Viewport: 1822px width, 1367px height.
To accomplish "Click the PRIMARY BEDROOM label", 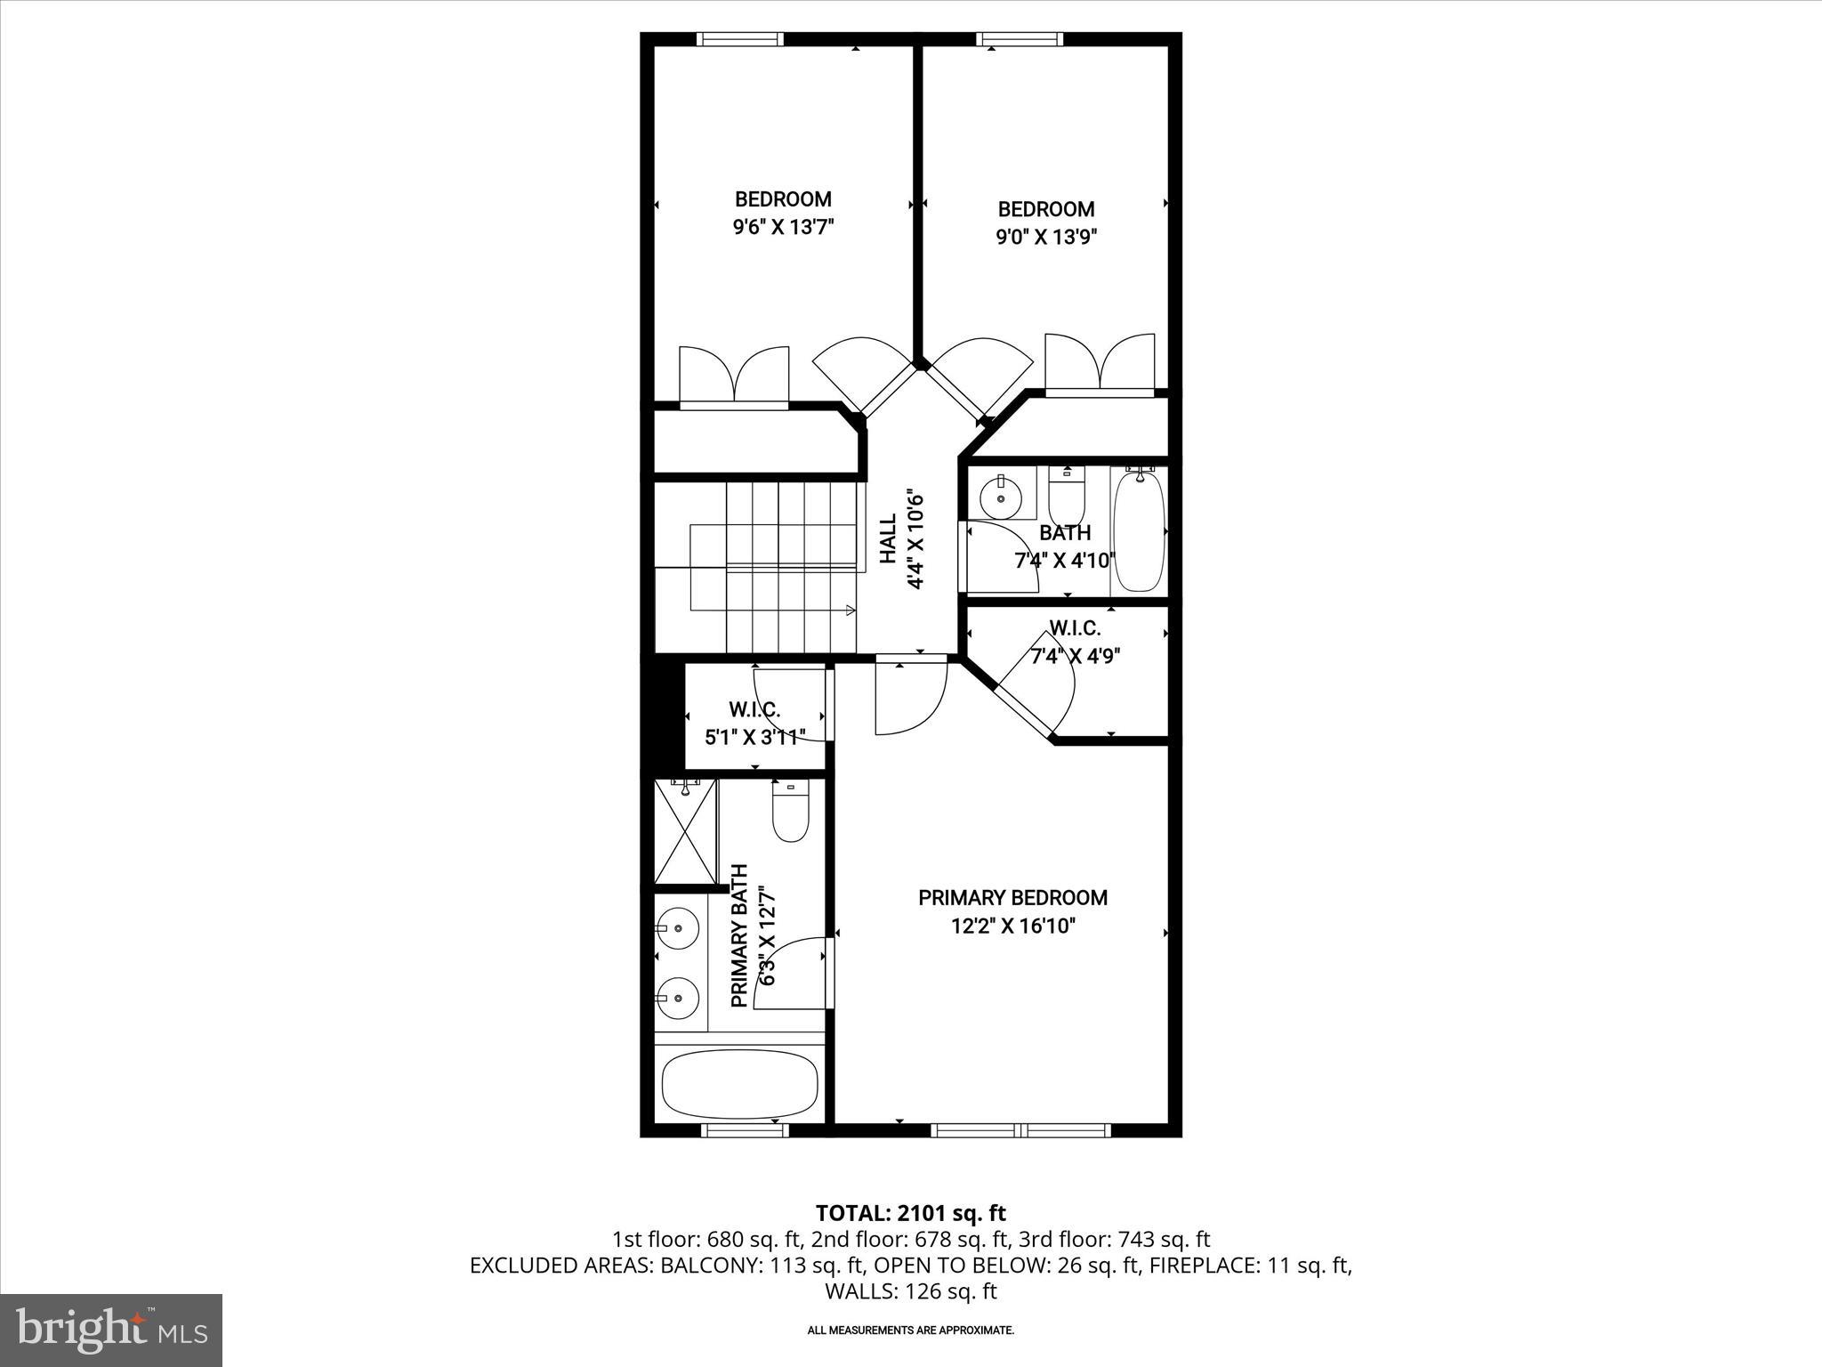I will point(1012,897).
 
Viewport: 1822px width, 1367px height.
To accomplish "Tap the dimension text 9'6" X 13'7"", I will point(783,227).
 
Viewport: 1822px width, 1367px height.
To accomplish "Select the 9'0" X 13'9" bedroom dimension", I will point(1046,237).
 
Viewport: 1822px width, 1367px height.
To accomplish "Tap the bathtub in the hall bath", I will point(1139,532).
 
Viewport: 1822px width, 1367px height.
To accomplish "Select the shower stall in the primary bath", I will point(685,829).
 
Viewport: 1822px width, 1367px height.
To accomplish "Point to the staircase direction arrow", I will point(851,611).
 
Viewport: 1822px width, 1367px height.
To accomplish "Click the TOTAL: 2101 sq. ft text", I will point(910,1213).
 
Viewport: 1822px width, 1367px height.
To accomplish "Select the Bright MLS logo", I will point(111,1330).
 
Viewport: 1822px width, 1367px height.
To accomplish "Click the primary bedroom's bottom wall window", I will point(1020,1130).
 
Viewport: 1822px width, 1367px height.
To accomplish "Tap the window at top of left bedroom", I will point(739,39).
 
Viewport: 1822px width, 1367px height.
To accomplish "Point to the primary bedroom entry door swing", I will point(909,699).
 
